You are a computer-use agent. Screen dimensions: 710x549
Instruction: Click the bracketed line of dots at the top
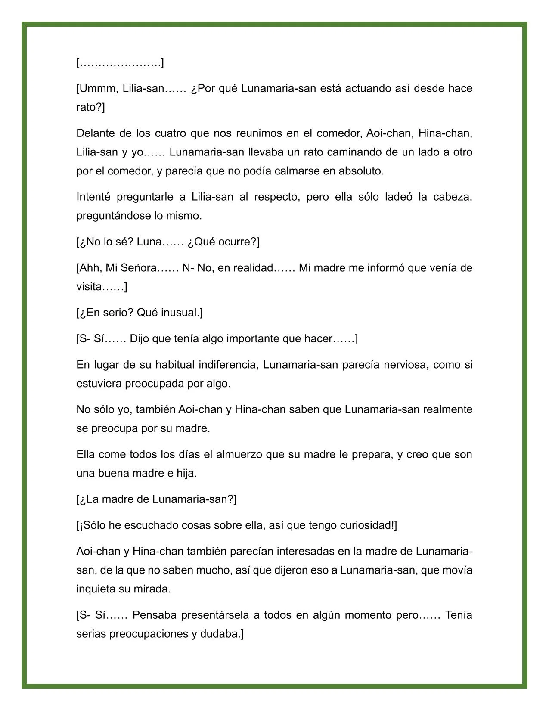pyautogui.click(x=120, y=63)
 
